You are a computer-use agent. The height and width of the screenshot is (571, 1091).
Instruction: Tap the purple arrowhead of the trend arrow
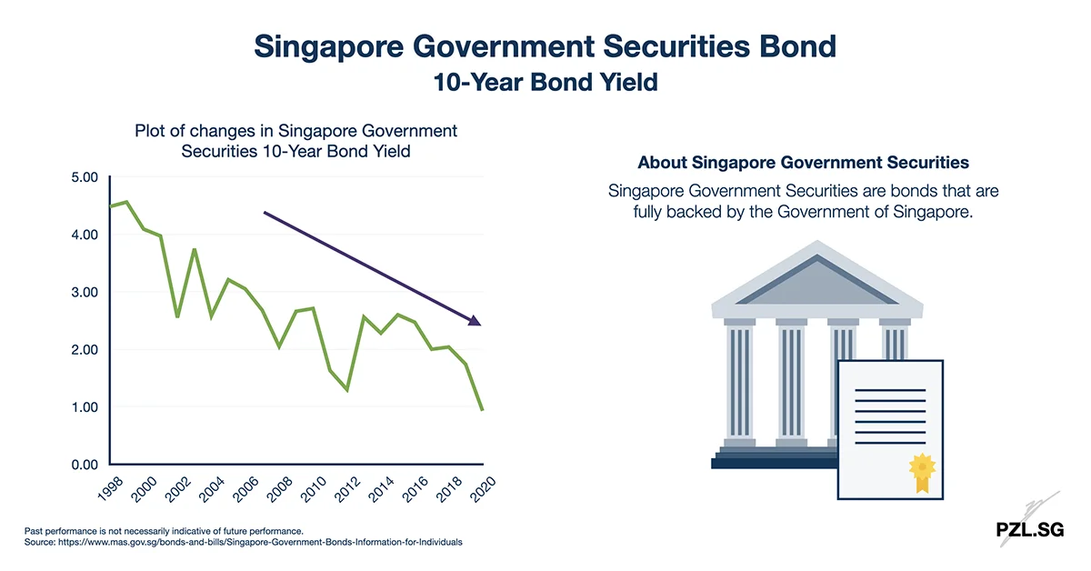click(473, 319)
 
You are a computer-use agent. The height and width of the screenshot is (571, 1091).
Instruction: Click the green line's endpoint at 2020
click(482, 410)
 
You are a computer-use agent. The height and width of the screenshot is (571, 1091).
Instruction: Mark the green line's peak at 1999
click(126, 202)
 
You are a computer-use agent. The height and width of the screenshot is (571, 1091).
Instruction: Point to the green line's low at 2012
click(347, 390)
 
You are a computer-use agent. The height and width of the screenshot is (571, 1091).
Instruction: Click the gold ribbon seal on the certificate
click(921, 470)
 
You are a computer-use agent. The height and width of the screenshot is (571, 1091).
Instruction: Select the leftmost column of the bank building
click(739, 382)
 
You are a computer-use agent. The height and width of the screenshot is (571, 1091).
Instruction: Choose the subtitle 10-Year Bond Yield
click(545, 82)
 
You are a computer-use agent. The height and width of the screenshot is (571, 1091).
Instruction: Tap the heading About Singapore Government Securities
click(803, 163)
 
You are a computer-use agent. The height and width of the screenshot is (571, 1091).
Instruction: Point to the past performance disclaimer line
click(164, 530)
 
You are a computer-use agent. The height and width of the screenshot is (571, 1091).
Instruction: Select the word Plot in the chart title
click(152, 131)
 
